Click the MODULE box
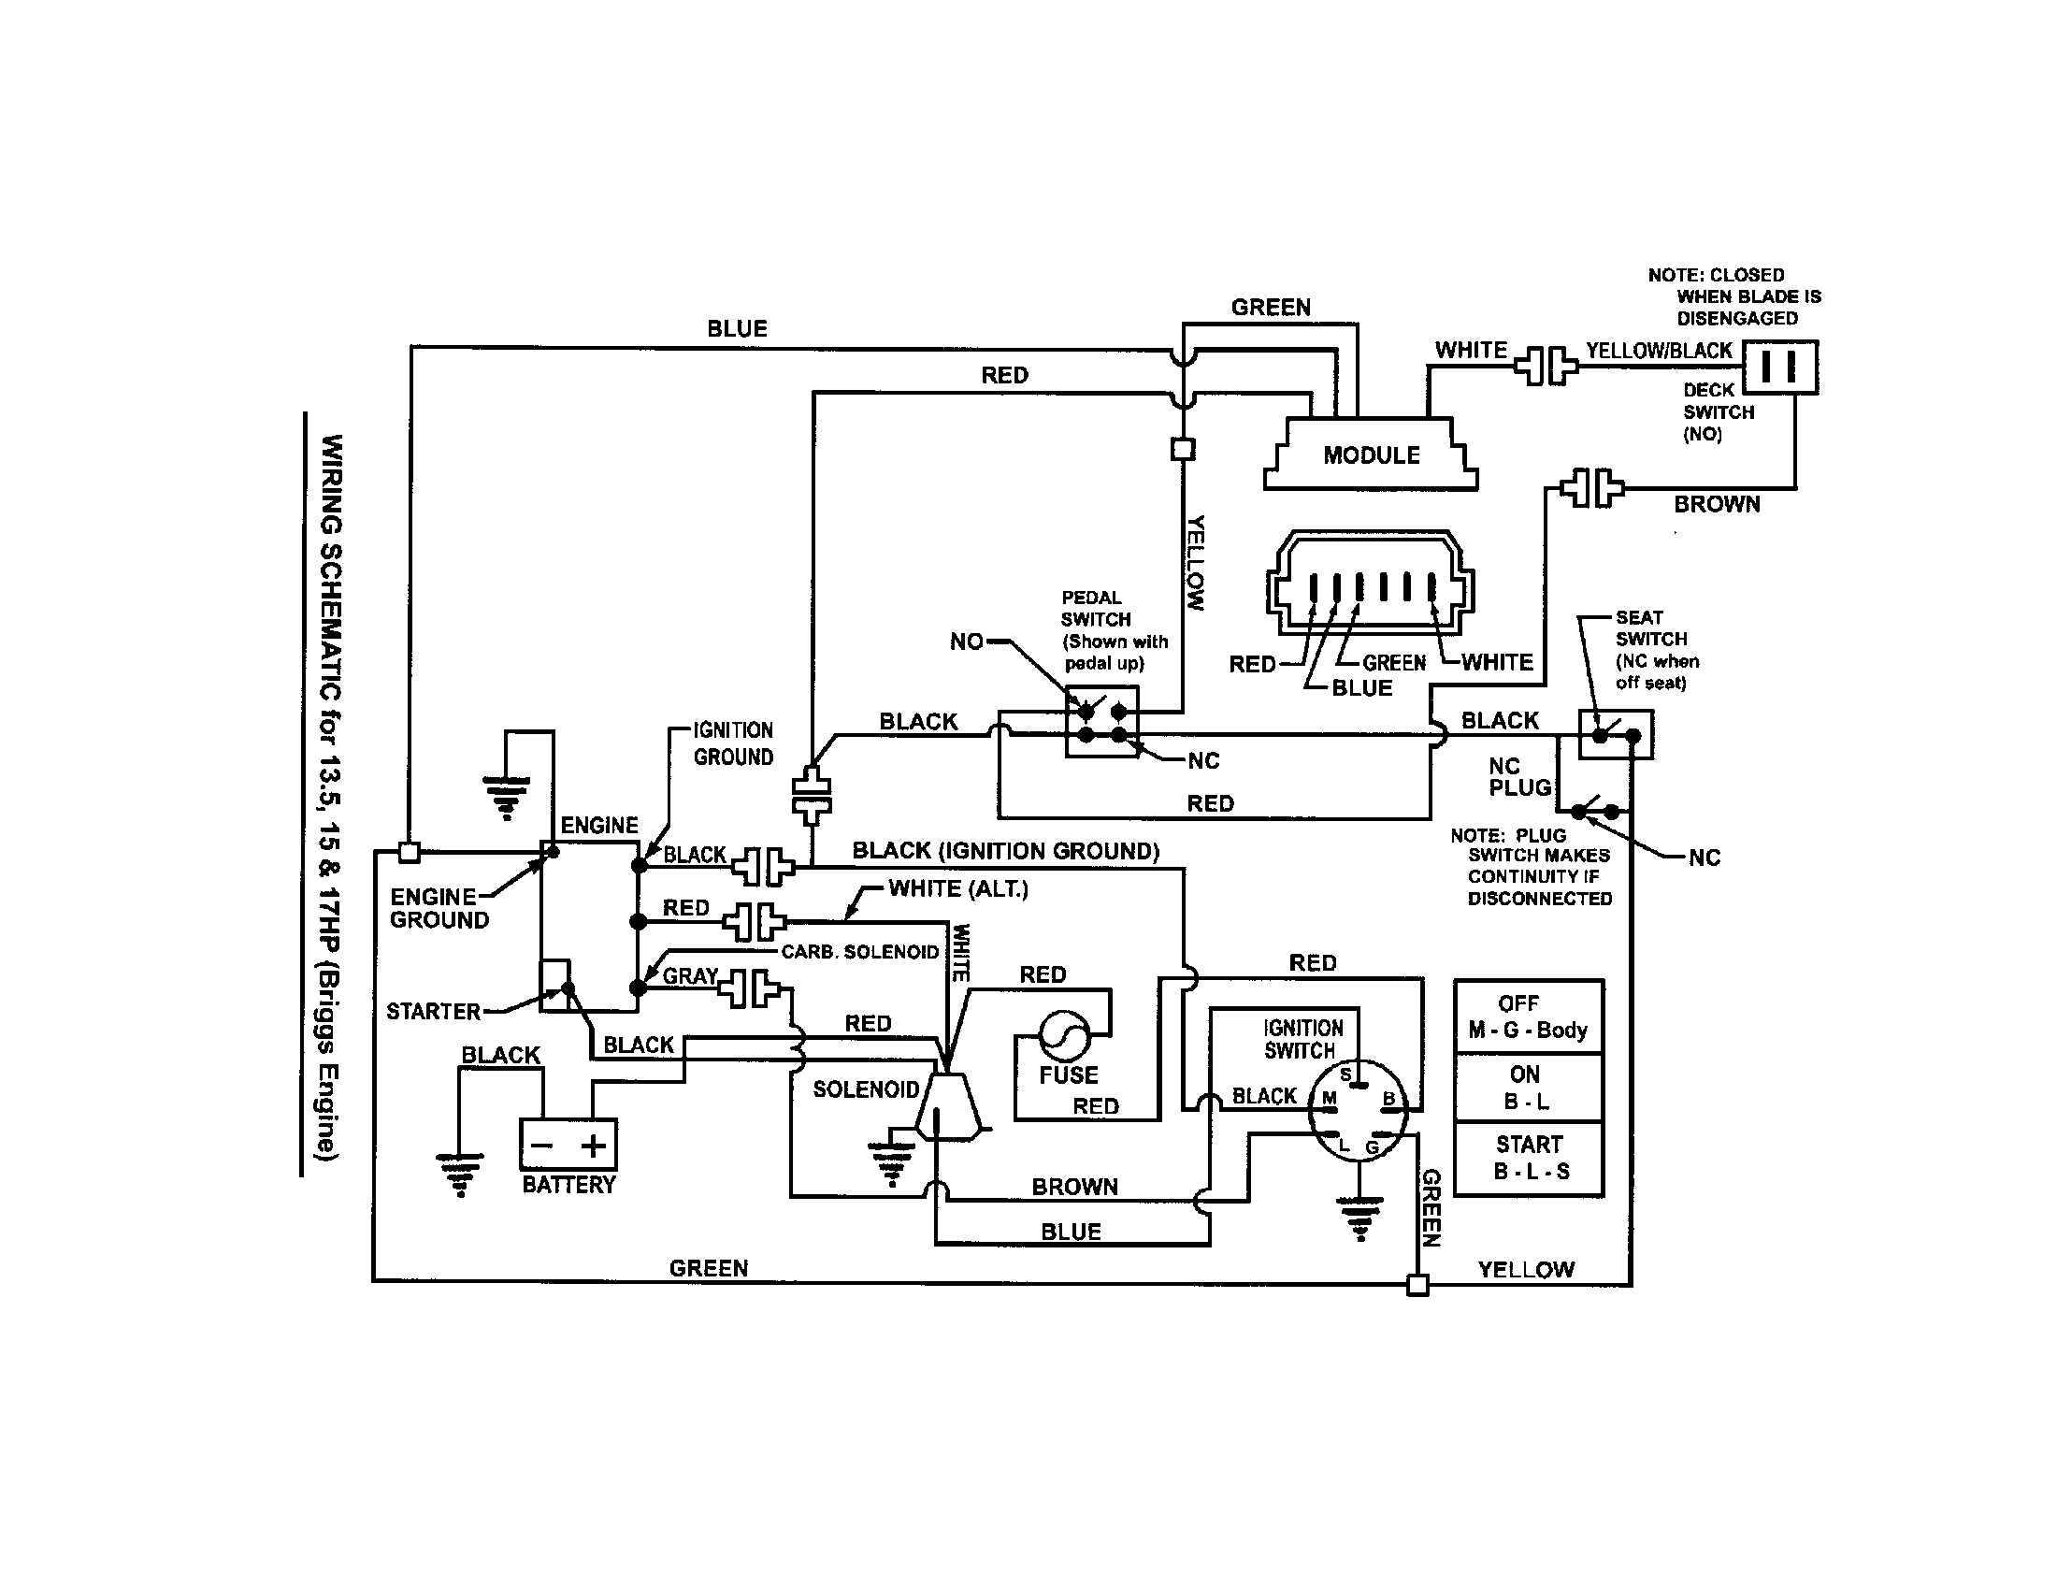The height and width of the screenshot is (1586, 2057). tap(1372, 454)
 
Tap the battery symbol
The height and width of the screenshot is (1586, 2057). tap(568, 1145)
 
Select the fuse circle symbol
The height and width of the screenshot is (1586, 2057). tap(1065, 1036)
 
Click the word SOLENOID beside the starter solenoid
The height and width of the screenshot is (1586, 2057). tap(866, 1089)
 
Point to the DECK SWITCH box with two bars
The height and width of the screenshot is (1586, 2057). tap(1779, 368)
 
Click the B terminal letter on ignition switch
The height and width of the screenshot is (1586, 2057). tap(1388, 1098)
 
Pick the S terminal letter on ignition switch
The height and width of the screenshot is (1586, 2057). tap(1345, 1074)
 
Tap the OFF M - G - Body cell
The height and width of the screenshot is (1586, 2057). tap(1528, 1017)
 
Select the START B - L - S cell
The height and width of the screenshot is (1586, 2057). tap(1528, 1159)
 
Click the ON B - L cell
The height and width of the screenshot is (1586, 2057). tap(1528, 1088)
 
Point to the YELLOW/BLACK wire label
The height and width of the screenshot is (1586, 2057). tap(1659, 351)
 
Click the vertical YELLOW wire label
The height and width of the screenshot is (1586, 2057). tap(1195, 562)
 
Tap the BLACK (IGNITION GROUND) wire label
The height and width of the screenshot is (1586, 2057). tap(1005, 851)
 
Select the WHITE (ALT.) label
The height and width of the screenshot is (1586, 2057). tap(957, 888)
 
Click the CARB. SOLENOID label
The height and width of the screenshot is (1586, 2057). tap(860, 952)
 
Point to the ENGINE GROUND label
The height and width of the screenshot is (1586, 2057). tap(439, 909)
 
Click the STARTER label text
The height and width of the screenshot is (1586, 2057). tap(433, 1012)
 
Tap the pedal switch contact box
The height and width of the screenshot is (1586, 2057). tap(1102, 721)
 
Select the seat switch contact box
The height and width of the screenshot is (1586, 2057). tap(1616, 735)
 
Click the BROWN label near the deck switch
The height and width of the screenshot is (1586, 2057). tap(1716, 505)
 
